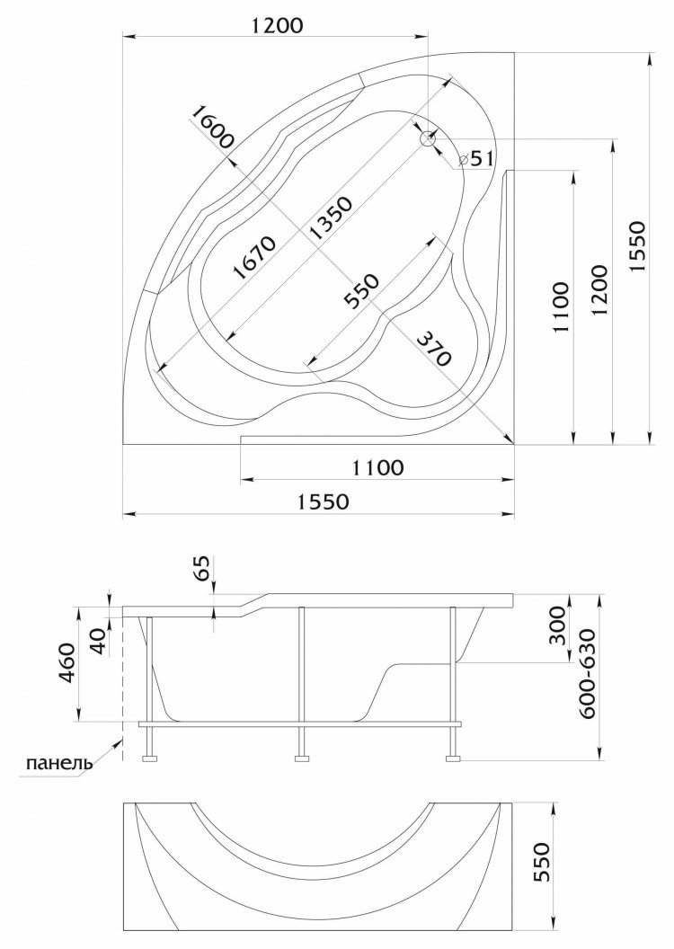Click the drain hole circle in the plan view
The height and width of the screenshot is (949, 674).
[429, 139]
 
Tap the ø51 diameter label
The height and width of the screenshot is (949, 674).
[476, 159]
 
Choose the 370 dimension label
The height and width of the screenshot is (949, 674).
[431, 345]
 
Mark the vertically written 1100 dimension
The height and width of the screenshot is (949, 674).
[560, 307]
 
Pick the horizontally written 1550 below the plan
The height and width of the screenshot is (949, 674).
[318, 502]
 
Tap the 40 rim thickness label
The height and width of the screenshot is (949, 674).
[100, 638]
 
